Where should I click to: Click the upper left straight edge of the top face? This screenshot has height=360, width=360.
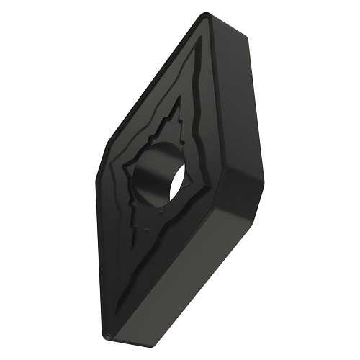[x=148, y=86]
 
